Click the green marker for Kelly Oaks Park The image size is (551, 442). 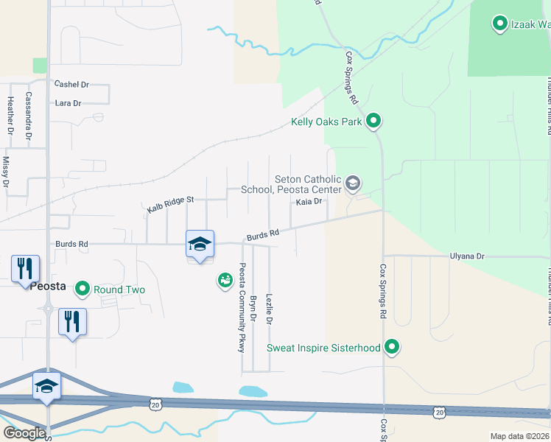tap(373, 121)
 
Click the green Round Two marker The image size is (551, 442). tap(83, 289)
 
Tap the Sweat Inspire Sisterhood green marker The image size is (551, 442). tap(393, 347)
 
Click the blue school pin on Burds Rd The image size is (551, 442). tap(200, 244)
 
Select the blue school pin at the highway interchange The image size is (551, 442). tap(46, 386)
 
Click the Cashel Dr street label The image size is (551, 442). tap(71, 85)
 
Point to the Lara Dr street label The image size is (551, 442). tap(68, 103)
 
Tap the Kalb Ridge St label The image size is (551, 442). tap(169, 204)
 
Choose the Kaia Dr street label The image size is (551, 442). tap(309, 201)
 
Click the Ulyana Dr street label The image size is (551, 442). tap(468, 256)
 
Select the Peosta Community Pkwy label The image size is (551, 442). tap(241, 308)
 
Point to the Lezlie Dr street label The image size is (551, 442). tap(269, 309)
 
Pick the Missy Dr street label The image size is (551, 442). tap(6, 170)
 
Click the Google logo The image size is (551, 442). tap(25, 432)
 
